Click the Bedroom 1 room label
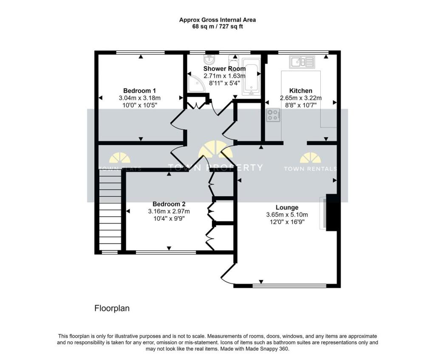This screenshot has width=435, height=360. pos(139,91)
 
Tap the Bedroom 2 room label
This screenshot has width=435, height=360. pos(169,204)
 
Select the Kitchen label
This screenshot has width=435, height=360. pos(301,91)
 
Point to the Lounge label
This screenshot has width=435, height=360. pos(287,207)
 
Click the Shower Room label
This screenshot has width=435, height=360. pos(224,68)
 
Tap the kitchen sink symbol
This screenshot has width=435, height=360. pos(302,62)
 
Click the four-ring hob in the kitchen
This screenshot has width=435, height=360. pos(273,115)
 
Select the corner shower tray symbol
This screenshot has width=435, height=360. pos(196,84)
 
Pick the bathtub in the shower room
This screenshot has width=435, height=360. pos(251,77)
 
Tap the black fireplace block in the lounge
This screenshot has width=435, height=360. pos(331,213)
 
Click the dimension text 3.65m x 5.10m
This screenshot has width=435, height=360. pos(287,215)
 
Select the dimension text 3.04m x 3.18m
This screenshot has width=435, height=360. pos(139,98)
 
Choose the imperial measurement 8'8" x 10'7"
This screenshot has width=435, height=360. pos(301,105)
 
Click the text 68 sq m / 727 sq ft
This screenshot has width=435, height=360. pos(217,27)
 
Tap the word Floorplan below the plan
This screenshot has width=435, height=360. pos(112,309)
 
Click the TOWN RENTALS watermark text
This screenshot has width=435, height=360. pos(310,168)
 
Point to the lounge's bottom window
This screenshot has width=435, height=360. pos(289,286)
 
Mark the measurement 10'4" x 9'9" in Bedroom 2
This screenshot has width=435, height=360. pos(169,218)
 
